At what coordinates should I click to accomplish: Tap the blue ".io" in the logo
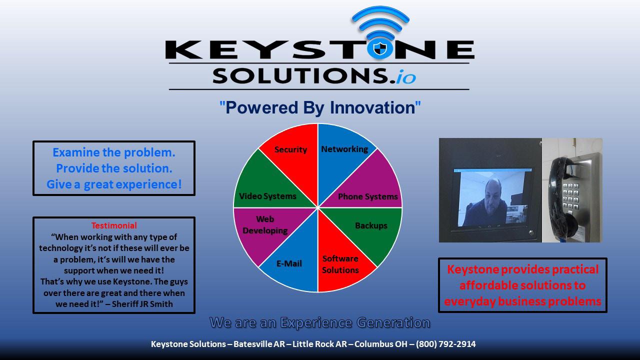click(x=405, y=76)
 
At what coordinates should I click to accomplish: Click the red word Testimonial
click(x=114, y=225)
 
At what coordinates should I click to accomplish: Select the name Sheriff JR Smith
click(x=142, y=303)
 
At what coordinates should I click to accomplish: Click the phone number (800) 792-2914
click(x=445, y=344)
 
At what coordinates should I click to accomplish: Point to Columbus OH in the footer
click(x=381, y=344)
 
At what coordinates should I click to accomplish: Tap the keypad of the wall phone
click(x=570, y=196)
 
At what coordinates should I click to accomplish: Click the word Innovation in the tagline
click(x=372, y=107)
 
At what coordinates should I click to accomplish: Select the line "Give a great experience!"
click(x=114, y=184)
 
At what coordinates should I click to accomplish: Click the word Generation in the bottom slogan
click(x=393, y=322)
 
